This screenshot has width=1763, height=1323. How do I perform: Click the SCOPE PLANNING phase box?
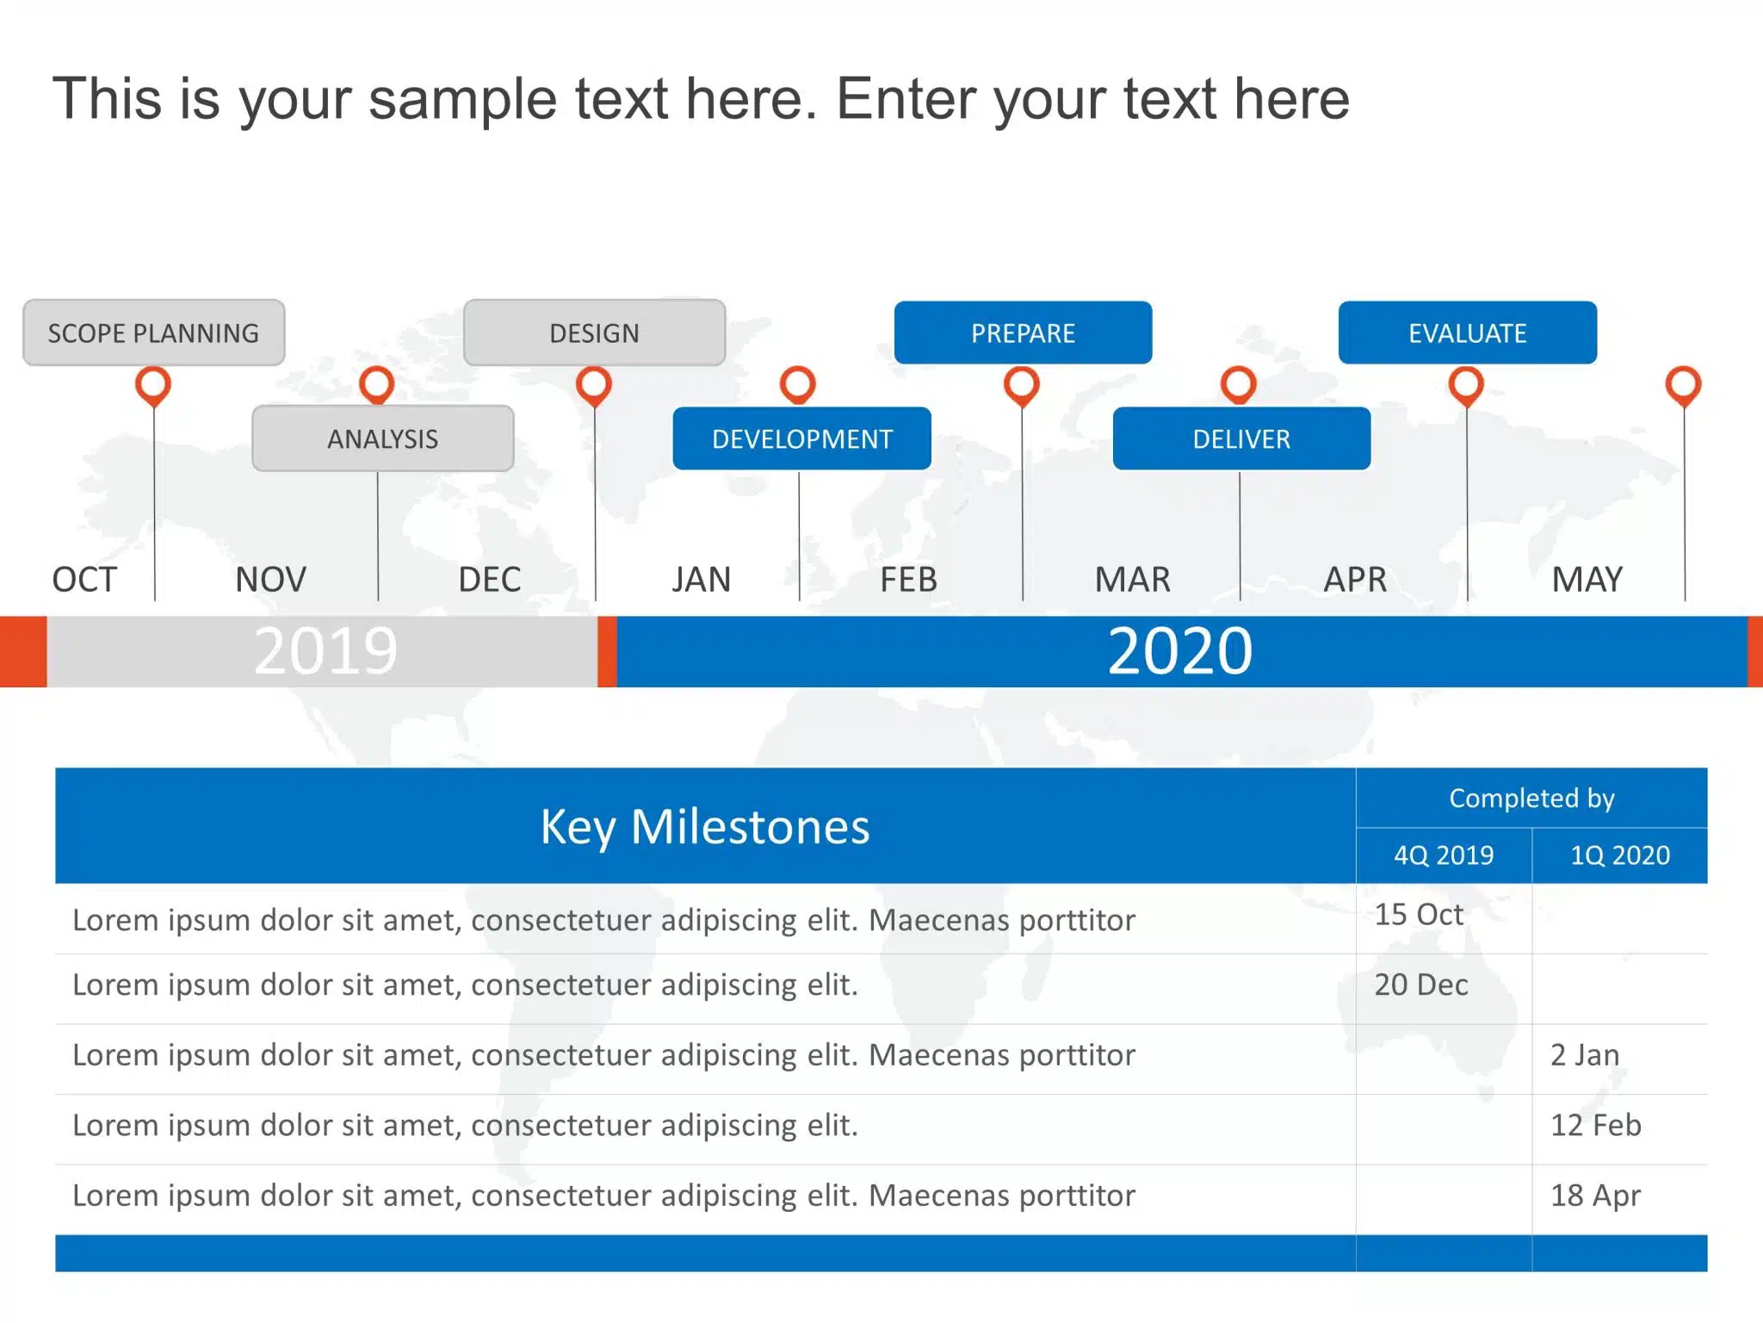coord(154,332)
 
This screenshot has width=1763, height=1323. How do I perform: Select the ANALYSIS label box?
coord(383,438)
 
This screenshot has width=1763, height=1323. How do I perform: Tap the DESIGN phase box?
coord(594,332)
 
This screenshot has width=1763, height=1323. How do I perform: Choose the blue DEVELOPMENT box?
coord(802,438)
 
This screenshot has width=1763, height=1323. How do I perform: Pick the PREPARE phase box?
coord(1024,332)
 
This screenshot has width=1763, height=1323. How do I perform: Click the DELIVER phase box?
coord(1242,438)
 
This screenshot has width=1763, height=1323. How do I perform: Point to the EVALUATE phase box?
coord(1468,332)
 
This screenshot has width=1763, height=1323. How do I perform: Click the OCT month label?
coord(84,580)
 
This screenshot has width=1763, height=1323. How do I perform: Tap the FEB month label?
coord(908,580)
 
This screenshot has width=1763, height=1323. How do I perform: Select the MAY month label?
coord(1587,580)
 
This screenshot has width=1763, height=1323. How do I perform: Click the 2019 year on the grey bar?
coord(325,651)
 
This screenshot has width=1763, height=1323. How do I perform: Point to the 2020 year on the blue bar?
coord(1180,651)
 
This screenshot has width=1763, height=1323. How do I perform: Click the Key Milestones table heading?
coord(705,827)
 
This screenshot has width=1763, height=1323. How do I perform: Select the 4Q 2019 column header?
coord(1444,855)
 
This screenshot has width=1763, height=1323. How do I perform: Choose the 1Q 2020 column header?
coord(1620,855)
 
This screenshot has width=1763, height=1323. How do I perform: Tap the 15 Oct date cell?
coord(1419,915)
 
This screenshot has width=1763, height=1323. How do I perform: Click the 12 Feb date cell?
coord(1596,1125)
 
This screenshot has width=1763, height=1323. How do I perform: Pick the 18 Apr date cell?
coord(1596,1196)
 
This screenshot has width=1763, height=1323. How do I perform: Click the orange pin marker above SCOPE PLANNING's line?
coord(153,386)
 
